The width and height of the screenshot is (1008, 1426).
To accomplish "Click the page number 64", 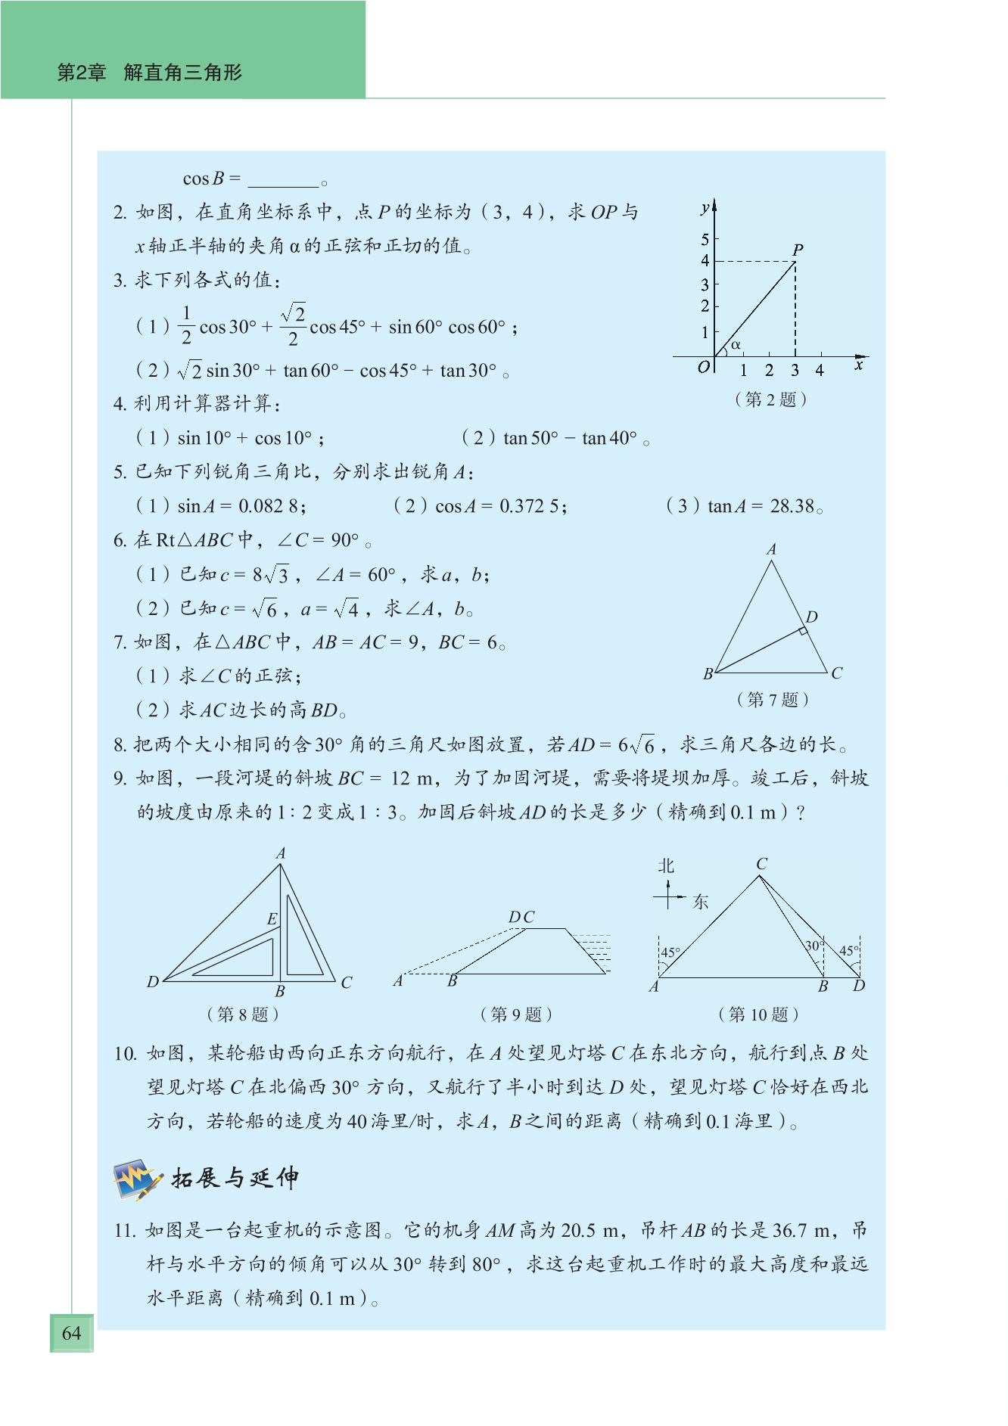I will tap(71, 1333).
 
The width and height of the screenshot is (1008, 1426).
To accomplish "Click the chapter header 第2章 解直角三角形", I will tap(150, 73).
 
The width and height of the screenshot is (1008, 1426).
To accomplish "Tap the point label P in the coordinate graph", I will tap(798, 249).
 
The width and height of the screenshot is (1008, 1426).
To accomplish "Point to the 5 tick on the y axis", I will tap(705, 240).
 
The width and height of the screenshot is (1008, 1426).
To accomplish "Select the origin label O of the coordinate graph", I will tap(704, 367).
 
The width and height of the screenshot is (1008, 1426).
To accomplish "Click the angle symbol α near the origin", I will tap(736, 345).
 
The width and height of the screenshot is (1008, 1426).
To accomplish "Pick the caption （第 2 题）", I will tap(770, 399).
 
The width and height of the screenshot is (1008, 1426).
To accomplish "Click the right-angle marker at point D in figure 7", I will tap(803, 631).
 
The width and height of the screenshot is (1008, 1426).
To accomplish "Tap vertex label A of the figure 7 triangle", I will tap(771, 550).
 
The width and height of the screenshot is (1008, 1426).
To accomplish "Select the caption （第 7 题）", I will tap(773, 700).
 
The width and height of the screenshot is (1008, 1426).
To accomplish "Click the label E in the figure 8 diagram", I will tap(272, 919).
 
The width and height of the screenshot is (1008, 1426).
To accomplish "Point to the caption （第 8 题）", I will tap(243, 1014).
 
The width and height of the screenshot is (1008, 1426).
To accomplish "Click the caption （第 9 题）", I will tap(516, 1014).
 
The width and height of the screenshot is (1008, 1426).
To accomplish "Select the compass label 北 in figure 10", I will tap(666, 866).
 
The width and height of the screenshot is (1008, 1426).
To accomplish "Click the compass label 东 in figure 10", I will tap(701, 902).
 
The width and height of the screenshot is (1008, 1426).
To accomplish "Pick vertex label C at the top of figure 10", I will tap(761, 864).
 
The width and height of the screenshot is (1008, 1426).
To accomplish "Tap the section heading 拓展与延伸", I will tap(235, 1178).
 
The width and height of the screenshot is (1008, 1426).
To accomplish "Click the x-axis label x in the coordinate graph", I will tap(859, 365).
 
